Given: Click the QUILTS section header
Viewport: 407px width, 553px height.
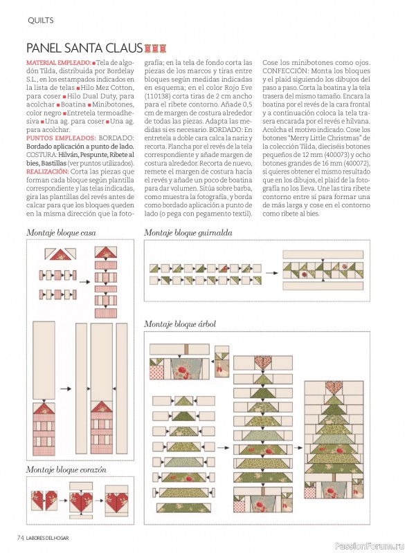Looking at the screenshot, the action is pyautogui.click(x=41, y=21).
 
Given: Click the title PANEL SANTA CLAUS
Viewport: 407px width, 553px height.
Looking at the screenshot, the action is pyautogui.click(x=84, y=48).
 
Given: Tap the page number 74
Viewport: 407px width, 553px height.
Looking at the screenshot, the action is pyautogui.click(x=21, y=538).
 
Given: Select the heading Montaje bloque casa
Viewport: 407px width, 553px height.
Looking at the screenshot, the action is pyautogui.click(x=61, y=233).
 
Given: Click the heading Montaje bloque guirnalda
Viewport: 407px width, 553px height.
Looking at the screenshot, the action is pyautogui.click(x=188, y=233).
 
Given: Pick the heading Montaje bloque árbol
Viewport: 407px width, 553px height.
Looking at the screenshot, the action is pyautogui.click(x=180, y=324).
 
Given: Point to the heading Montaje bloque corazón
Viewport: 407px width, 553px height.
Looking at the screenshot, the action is pyautogui.click(x=66, y=470).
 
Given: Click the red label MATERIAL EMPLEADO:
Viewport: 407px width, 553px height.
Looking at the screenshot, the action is pyautogui.click(x=59, y=63).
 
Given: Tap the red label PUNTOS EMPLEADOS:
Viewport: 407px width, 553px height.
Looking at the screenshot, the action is pyautogui.click(x=61, y=138).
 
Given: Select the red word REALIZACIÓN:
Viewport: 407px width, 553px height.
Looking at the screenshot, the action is pyautogui.click(x=47, y=171).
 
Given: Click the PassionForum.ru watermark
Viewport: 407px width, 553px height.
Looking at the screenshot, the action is pyautogui.click(x=369, y=546).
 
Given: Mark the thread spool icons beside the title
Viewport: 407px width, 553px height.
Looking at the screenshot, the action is pyautogui.click(x=155, y=48).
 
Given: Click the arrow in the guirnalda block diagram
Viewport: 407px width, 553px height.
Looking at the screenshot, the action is pyautogui.click(x=272, y=273).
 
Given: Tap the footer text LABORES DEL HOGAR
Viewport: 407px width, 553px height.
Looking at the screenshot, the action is pyautogui.click(x=47, y=538).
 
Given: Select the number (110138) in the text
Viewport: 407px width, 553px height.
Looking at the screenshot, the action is pyautogui.click(x=157, y=96).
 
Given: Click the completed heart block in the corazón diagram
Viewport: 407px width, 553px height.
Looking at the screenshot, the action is pyautogui.click(x=116, y=500).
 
